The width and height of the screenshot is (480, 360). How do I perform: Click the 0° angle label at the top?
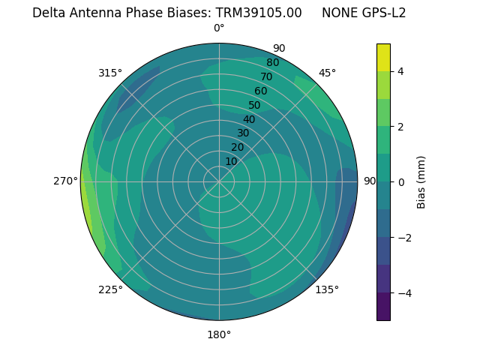pyautogui.click(x=219, y=28)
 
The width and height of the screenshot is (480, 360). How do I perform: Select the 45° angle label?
pyautogui.click(x=327, y=73)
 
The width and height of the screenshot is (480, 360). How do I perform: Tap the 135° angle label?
pyautogui.click(x=327, y=289)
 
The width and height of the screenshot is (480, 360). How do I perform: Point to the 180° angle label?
pyautogui.click(x=219, y=334)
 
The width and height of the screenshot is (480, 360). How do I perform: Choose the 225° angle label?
pyautogui.click(x=110, y=289)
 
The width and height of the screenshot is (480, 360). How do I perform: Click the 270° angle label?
pyautogui.click(x=66, y=181)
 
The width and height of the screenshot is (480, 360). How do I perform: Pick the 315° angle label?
pyautogui.click(x=110, y=73)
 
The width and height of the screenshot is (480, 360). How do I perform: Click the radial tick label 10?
pyautogui.click(x=231, y=161)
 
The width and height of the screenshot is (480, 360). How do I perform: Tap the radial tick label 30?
pyautogui.click(x=243, y=133)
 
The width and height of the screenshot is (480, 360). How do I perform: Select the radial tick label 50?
pyautogui.click(x=255, y=106)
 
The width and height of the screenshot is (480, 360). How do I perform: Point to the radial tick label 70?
pyautogui.click(x=266, y=76)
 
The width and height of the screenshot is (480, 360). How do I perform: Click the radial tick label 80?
pyautogui.click(x=272, y=63)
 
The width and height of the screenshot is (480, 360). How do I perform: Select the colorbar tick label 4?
pyautogui.click(x=401, y=71)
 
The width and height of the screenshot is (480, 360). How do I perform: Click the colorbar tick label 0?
pyautogui.click(x=401, y=181)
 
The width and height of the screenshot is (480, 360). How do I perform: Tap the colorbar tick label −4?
pyautogui.click(x=404, y=292)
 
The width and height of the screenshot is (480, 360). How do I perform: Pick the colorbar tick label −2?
pyautogui.click(x=404, y=237)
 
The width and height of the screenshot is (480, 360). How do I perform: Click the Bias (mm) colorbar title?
pyautogui.click(x=421, y=181)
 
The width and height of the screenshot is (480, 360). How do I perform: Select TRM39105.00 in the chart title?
pyautogui.click(x=259, y=13)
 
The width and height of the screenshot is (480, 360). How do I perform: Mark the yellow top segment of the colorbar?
pyautogui.click(x=383, y=57)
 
